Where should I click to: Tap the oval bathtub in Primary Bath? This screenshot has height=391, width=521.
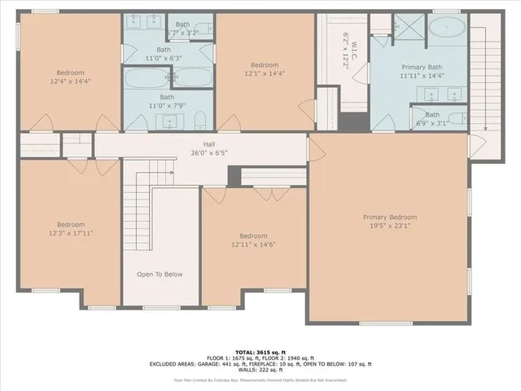[447, 32]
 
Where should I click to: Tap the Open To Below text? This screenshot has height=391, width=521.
[160, 274]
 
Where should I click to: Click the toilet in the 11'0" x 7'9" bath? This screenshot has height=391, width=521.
[200, 123]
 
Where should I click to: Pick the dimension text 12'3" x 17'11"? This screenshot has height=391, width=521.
[71, 233]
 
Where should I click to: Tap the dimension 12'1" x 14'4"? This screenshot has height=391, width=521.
[264, 74]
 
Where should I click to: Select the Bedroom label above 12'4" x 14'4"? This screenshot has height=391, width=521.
[70, 72]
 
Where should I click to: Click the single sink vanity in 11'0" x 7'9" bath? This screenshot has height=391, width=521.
[170, 123]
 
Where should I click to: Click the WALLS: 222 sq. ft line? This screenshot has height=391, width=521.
[260, 371]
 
